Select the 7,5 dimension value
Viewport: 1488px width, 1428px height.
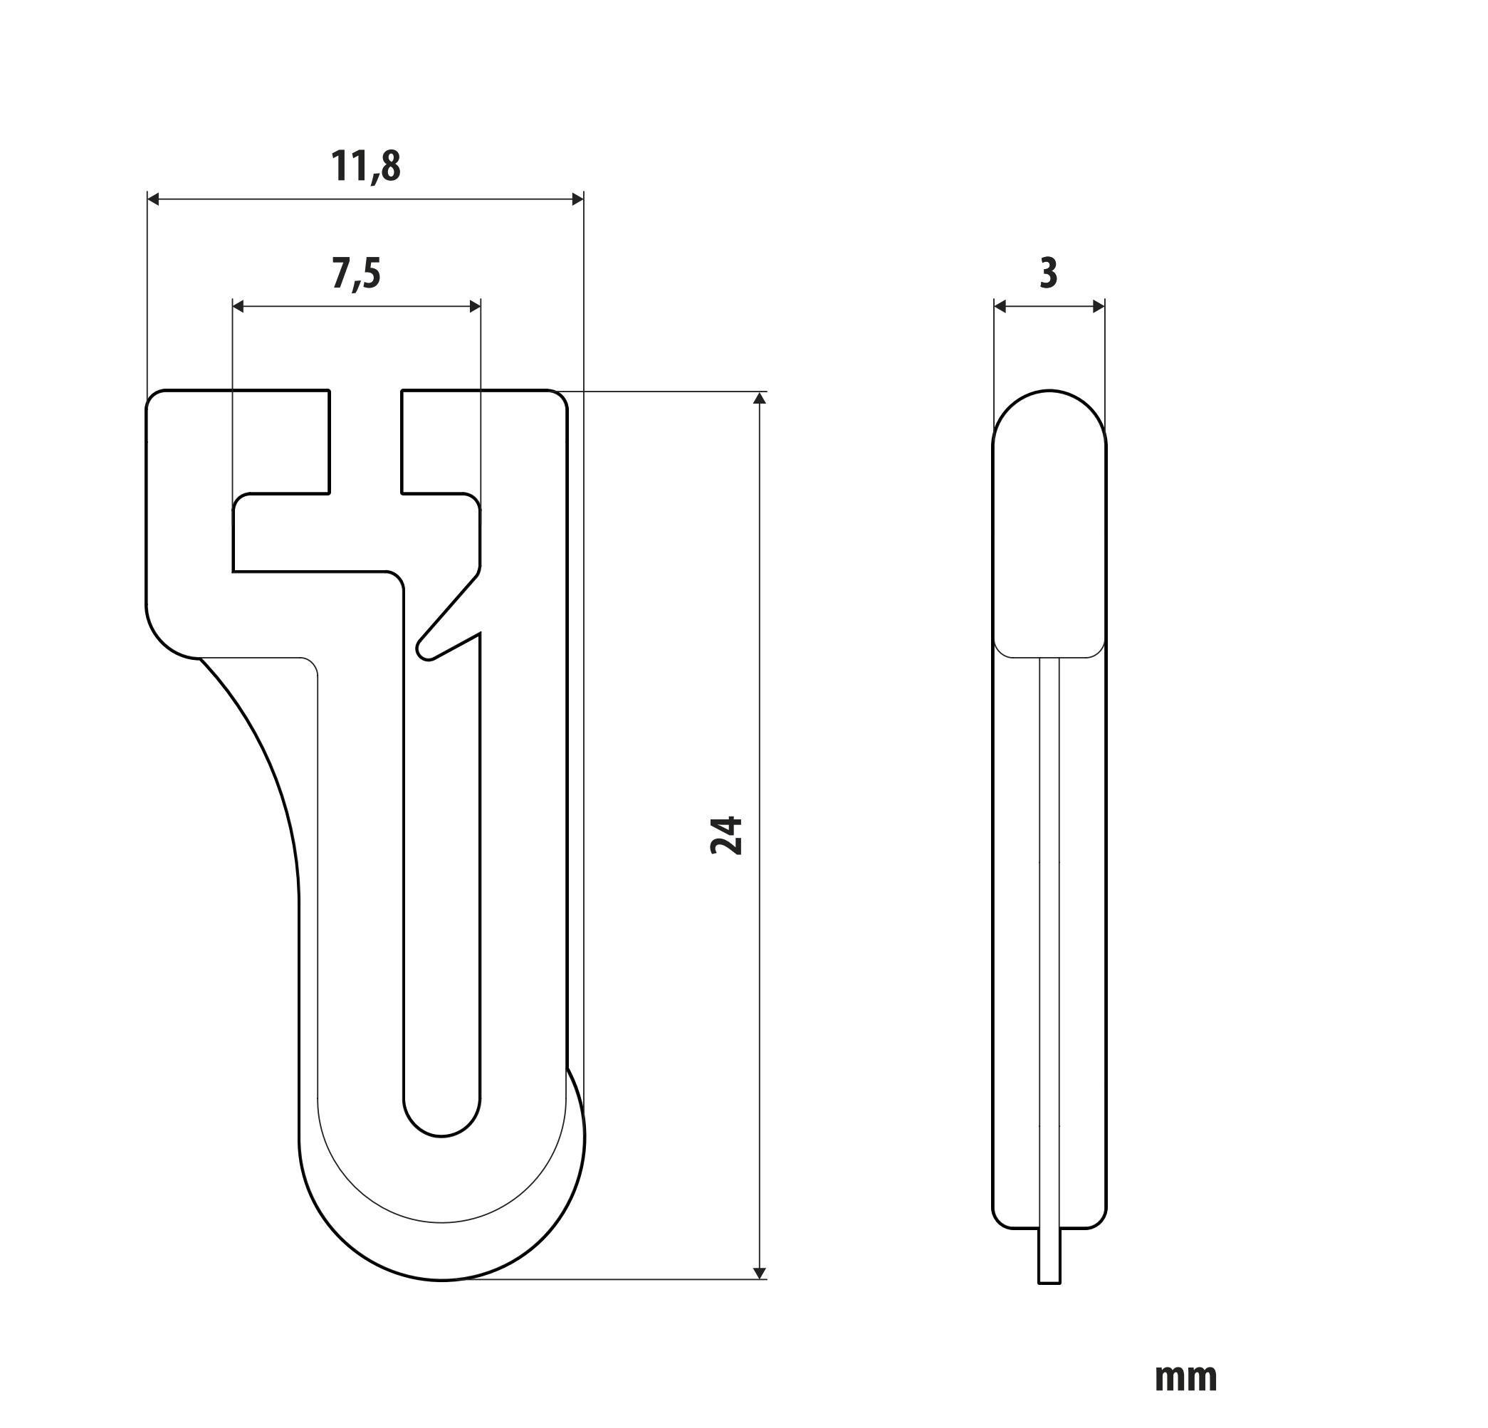pyautogui.click(x=355, y=273)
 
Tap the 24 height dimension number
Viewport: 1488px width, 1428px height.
pyautogui.click(x=726, y=836)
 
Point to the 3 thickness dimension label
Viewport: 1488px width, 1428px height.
pyautogui.click(x=1048, y=273)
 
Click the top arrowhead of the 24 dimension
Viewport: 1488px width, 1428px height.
pyautogui.click(x=760, y=399)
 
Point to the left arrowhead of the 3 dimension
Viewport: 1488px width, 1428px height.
pyautogui.click(x=1000, y=306)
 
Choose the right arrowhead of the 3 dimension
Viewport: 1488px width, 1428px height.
pyautogui.click(x=1099, y=306)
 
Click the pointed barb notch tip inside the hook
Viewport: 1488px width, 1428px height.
pyautogui.click(x=424, y=653)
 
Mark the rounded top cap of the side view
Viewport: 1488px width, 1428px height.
pyautogui.click(x=1049, y=414)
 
